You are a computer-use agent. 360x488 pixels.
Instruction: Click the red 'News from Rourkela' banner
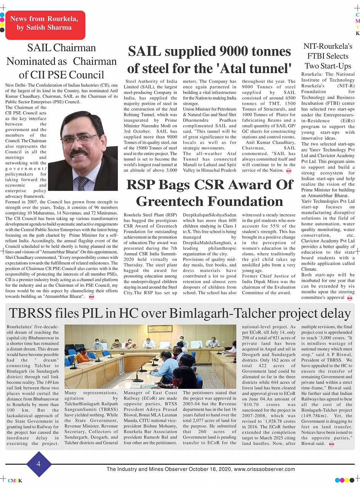pyautogui.click(x=45, y=25)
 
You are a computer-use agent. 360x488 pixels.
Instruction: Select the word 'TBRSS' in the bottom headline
pyautogui.click(x=34, y=313)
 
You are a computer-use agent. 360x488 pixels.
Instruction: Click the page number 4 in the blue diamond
pyautogui.click(x=38, y=464)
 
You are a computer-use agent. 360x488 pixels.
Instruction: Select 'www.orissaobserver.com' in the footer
pyautogui.click(x=264, y=469)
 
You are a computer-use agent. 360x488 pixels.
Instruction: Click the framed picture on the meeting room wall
pyautogui.click(x=160, y=329)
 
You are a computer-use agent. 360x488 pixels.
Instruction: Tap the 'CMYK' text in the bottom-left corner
pyautogui.click(x=15, y=481)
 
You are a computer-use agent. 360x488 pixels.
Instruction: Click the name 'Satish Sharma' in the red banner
pyautogui.click(x=44, y=27)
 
